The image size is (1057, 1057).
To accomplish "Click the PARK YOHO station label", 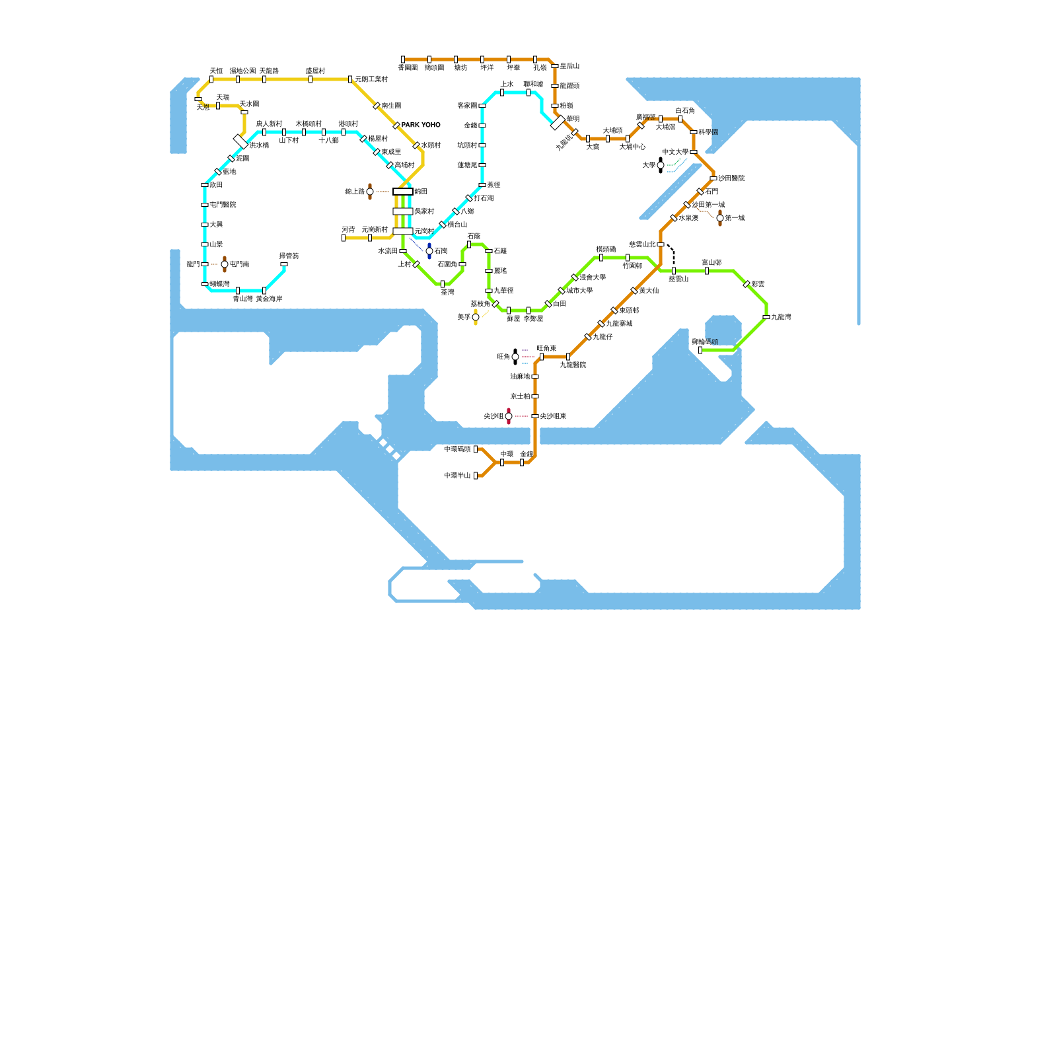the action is click(x=421, y=125).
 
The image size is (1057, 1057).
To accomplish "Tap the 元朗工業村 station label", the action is click(x=371, y=79).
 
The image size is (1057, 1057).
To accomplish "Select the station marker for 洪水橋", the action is click(x=240, y=141).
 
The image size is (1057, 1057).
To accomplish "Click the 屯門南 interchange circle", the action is click(x=225, y=264).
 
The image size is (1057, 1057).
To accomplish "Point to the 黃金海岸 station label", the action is click(x=269, y=299).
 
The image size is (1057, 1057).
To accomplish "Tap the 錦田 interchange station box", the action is click(x=402, y=192).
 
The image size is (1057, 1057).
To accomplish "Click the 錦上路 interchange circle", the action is click(x=370, y=192).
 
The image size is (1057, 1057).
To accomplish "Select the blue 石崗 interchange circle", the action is click(x=429, y=251).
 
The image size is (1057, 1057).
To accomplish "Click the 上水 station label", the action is click(x=507, y=85).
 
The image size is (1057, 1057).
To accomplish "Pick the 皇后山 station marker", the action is click(x=555, y=66).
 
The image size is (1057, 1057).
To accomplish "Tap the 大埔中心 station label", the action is click(x=632, y=147).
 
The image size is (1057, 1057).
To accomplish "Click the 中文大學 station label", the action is click(x=675, y=152).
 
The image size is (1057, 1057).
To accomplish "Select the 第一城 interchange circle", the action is click(x=720, y=218).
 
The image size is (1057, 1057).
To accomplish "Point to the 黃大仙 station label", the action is click(x=649, y=291).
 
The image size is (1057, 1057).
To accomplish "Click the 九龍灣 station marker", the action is click(x=766, y=317).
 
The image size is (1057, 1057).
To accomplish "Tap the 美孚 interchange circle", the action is click(x=476, y=317).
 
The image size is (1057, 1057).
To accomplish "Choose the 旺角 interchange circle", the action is click(x=515, y=357).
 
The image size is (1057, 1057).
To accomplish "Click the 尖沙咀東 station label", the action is click(x=553, y=416).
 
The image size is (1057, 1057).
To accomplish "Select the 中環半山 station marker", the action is click(x=476, y=476).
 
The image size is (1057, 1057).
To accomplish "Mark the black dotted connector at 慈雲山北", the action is click(x=672, y=254).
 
